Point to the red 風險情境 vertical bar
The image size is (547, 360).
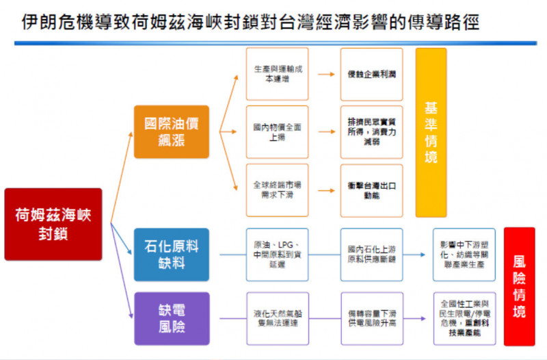pyautogui.click(x=519, y=287)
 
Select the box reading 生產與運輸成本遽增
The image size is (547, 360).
pyautogui.click(x=277, y=73)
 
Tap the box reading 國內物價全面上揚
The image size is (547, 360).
pyautogui.click(x=277, y=132)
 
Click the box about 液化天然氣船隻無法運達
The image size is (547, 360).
pyautogui.click(x=277, y=318)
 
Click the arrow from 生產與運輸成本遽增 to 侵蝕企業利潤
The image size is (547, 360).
pyautogui.click(x=324, y=73)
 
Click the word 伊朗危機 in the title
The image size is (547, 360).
pyautogui.click(x=47, y=23)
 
